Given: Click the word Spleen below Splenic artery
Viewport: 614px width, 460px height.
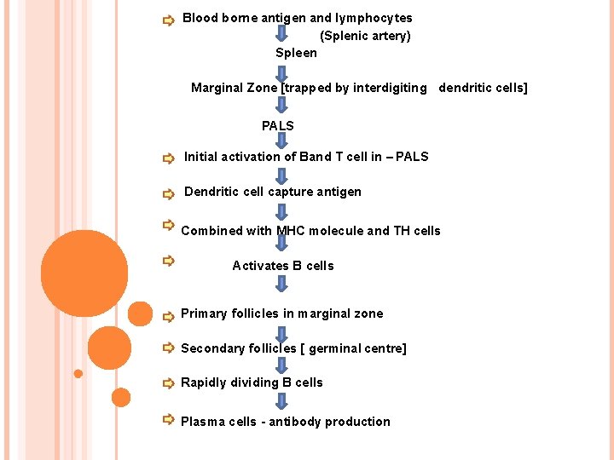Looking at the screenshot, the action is coord(296,53).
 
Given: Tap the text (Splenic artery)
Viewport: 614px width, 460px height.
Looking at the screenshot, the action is coord(365,36).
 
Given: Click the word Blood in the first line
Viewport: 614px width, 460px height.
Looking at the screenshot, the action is coord(200,18).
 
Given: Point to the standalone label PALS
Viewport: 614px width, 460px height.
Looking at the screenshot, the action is coord(278,126).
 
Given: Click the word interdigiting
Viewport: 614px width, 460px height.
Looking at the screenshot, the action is coord(389,88).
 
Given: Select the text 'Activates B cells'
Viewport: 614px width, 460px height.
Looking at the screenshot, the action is coord(283,266).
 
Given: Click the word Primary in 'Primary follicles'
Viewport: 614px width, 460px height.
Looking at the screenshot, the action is coord(204,313).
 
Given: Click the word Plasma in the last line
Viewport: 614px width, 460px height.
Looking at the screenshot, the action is coord(203,422).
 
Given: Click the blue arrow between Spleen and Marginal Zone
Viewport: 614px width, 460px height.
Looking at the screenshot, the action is coord(282,71).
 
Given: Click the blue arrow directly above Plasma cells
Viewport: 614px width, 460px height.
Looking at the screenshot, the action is coord(282,401).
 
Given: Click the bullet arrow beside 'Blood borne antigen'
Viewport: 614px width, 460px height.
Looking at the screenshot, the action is coord(168,20).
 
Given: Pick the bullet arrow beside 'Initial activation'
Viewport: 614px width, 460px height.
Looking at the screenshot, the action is coord(168,158).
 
